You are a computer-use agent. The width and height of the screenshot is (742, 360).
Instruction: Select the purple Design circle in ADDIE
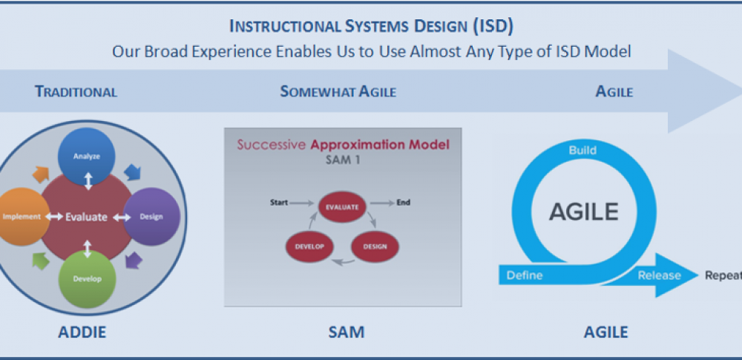point(151,217)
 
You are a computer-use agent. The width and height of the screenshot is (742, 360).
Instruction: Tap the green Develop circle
point(87,279)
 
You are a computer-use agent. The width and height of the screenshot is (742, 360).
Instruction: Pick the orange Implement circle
point(22,217)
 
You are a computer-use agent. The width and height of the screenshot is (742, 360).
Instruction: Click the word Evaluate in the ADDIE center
point(86,217)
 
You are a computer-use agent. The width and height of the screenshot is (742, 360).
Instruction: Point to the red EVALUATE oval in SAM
point(341,207)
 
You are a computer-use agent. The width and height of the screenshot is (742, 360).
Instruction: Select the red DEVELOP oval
point(309,246)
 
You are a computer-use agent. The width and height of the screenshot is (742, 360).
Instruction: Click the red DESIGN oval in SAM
point(375,246)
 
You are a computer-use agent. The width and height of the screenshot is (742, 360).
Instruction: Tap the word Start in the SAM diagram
point(279,203)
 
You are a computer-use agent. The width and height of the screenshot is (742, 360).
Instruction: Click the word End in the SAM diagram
point(403,203)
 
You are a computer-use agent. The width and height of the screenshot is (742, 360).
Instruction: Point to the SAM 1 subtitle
point(343,160)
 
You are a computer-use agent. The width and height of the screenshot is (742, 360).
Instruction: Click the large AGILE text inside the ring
point(583,212)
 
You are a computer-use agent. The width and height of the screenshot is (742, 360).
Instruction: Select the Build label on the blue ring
point(582,151)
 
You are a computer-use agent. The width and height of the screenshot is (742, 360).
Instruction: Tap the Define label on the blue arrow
point(525,275)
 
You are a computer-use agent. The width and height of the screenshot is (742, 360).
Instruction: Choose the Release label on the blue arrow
point(659,275)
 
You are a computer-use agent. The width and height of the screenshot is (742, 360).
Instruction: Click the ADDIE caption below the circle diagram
point(82,332)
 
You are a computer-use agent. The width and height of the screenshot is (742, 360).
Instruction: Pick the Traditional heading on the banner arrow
point(76,91)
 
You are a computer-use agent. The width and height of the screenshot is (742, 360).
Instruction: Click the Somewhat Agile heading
point(338,91)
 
